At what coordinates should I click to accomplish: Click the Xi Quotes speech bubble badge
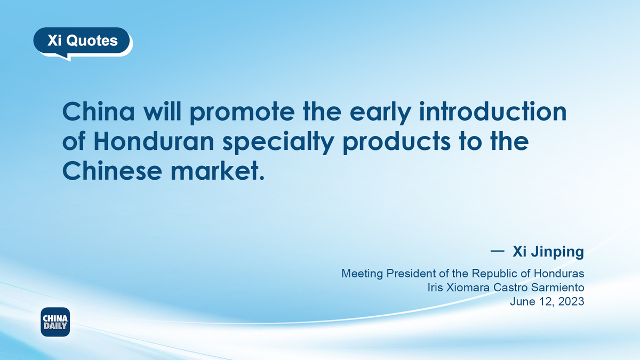(83, 42)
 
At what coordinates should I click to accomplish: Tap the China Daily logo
(55, 322)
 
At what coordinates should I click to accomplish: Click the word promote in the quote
(242, 113)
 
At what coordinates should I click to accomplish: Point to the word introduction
(493, 111)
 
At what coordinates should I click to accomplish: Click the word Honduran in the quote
(154, 141)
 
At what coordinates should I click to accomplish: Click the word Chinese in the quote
(112, 170)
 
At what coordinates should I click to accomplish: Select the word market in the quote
(214, 170)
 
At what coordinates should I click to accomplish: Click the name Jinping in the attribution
(557, 252)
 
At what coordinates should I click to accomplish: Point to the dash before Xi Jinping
(498, 251)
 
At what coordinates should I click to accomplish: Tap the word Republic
(494, 274)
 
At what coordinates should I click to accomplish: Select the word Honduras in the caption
(559, 274)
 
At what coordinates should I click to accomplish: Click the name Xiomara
(468, 287)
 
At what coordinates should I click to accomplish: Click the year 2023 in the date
(571, 301)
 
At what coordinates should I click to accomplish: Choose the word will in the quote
(162, 111)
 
